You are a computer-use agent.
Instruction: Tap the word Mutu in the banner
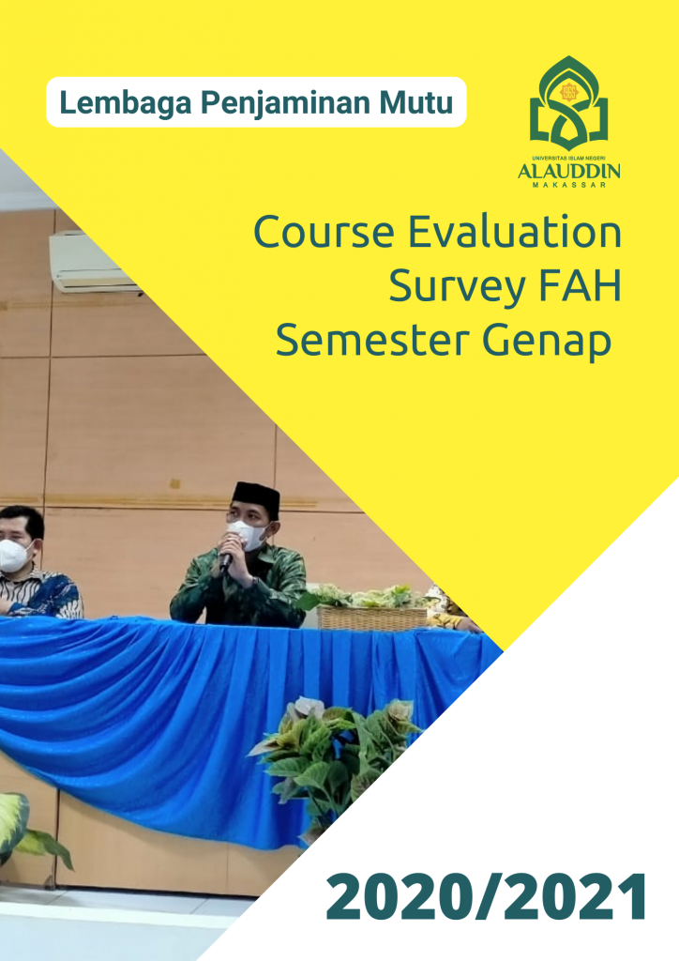click(x=416, y=102)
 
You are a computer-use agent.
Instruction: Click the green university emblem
click(x=568, y=103)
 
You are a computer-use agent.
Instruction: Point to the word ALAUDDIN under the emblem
click(x=568, y=171)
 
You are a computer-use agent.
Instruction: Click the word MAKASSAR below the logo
click(x=569, y=185)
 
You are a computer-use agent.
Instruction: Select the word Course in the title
click(x=324, y=232)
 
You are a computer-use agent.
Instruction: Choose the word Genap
click(x=547, y=343)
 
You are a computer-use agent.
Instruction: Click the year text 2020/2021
click(x=487, y=897)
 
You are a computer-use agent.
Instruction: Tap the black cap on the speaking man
click(x=257, y=498)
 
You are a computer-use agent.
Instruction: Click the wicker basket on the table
click(x=371, y=618)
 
